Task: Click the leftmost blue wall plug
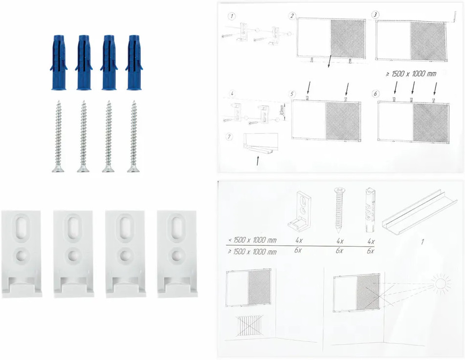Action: pyautogui.click(x=59, y=63)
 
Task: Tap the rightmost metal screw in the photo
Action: pyautogui.click(x=134, y=136)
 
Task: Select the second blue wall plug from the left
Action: pyautogui.click(x=84, y=63)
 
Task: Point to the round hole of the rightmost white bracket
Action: pyautogui.click(x=177, y=255)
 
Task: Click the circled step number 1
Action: pyautogui.click(x=232, y=16)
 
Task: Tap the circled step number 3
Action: pyautogui.click(x=376, y=15)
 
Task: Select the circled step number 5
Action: pyautogui.click(x=292, y=94)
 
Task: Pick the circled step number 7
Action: pyautogui.click(x=229, y=137)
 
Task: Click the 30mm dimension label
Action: pyautogui.click(x=282, y=111)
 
